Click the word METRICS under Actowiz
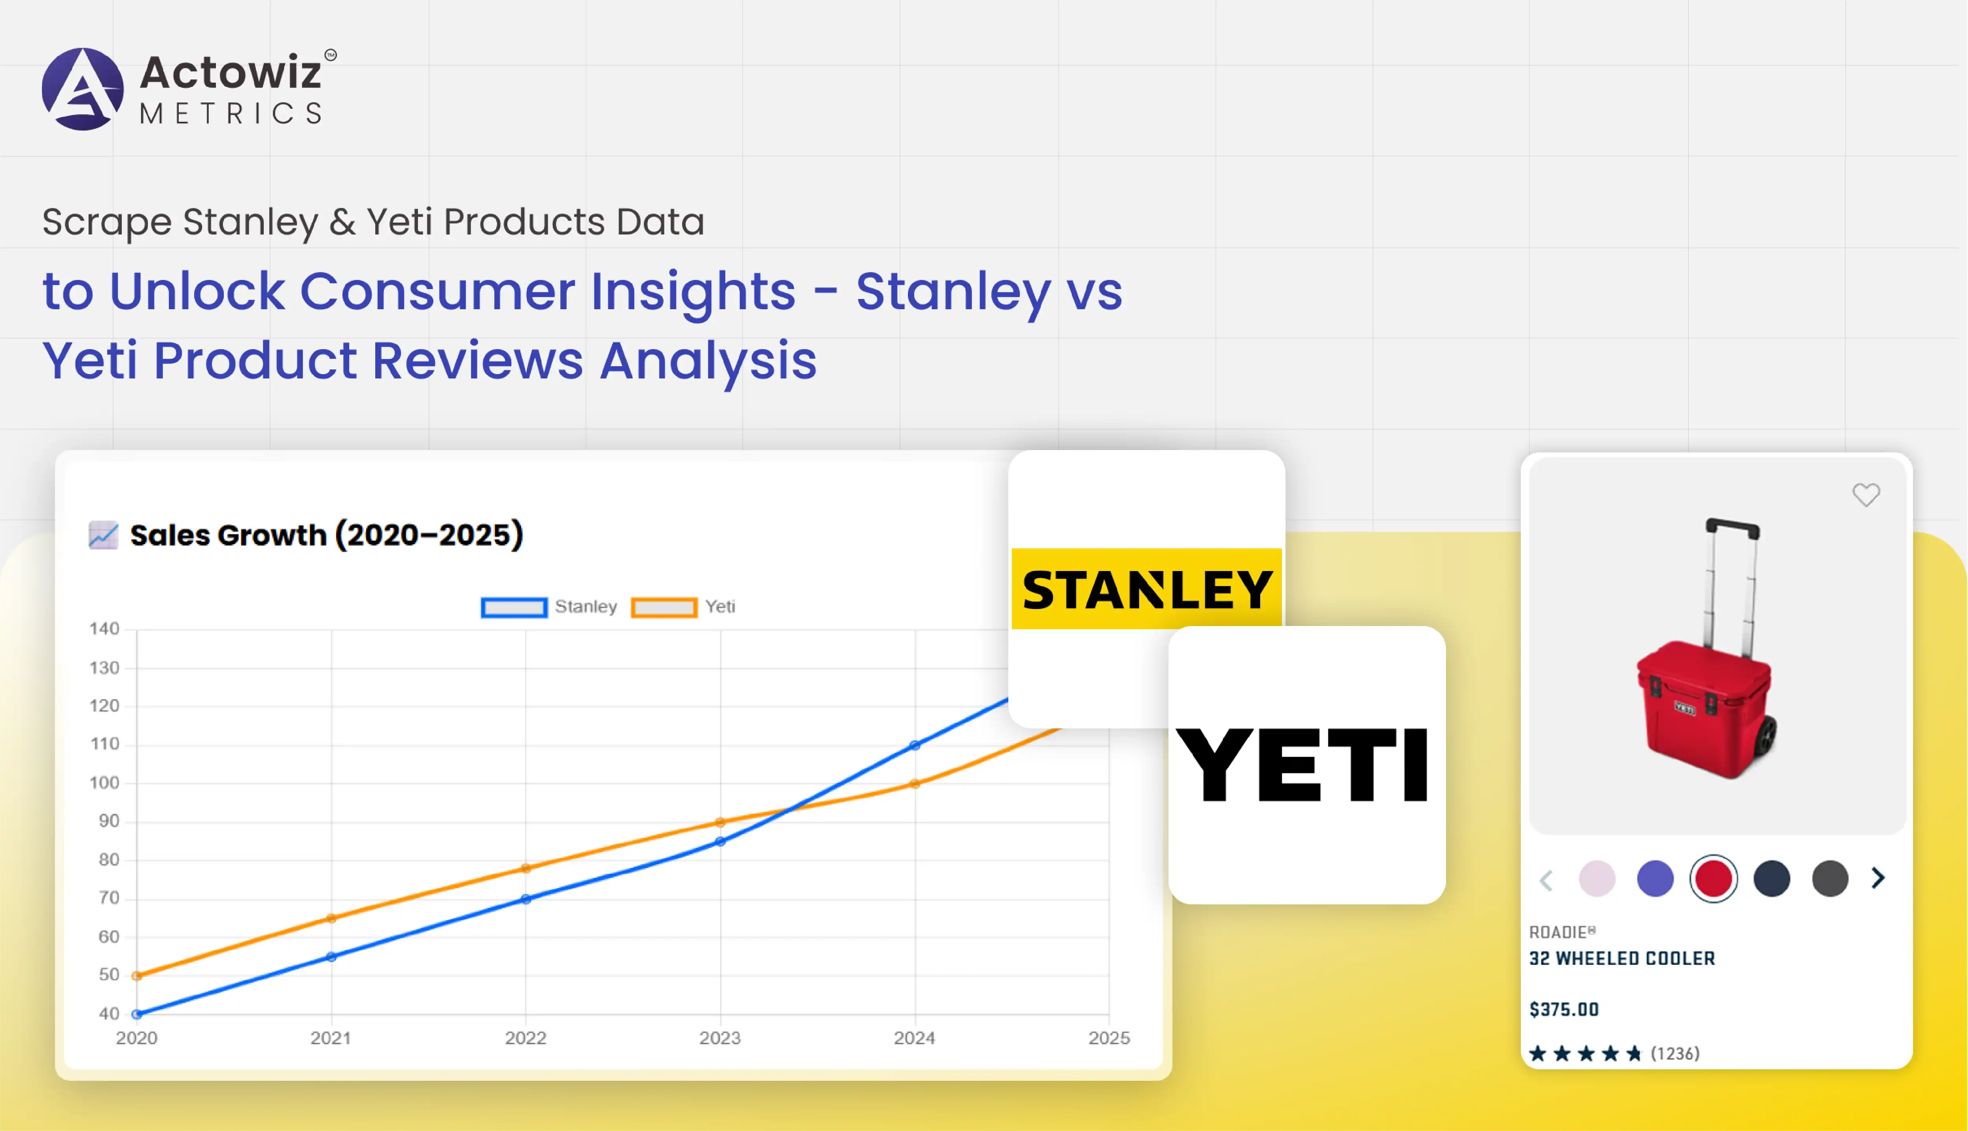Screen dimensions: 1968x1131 pyautogui.click(x=231, y=113)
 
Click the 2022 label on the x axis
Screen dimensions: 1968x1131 pyautogui.click(x=526, y=1038)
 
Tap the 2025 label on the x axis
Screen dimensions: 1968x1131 pyautogui.click(x=1109, y=1038)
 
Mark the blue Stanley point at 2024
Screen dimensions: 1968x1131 pyautogui.click(x=915, y=745)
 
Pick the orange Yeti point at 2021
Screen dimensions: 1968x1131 pyautogui.click(x=332, y=918)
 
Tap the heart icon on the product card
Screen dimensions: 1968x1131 pyautogui.click(x=1866, y=495)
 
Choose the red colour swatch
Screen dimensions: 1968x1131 pyautogui.click(x=1713, y=879)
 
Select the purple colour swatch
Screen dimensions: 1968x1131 pyautogui.click(x=1655, y=879)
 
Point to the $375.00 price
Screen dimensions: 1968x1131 pyautogui.click(x=1564, y=1009)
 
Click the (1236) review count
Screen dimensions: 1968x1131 pyautogui.click(x=1675, y=1053)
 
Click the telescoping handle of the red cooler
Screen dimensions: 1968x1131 pyautogui.click(x=1731, y=583)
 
